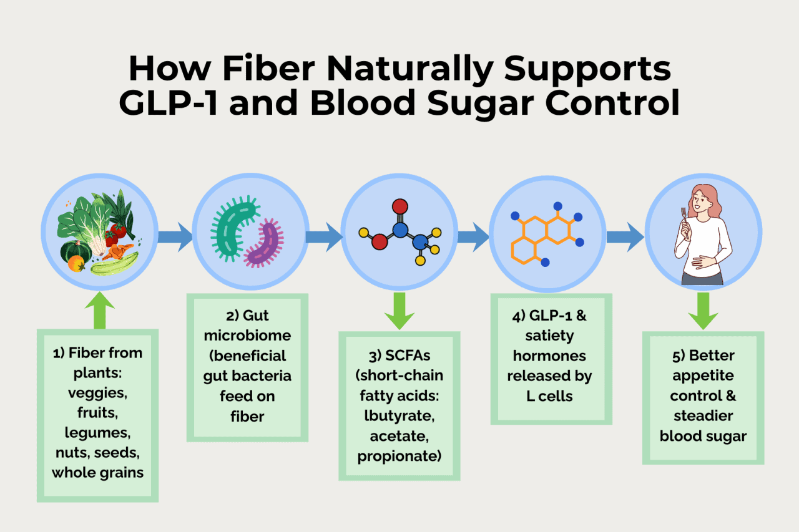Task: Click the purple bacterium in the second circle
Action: coord(265,244)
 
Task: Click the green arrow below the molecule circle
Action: coord(399,311)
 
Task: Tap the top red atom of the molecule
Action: coord(400,206)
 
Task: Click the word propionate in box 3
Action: coord(399,455)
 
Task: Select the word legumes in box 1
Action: coord(97,432)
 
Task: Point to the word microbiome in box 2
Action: coord(247,336)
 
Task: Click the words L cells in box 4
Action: coord(551,395)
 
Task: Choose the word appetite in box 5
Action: coord(703,376)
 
